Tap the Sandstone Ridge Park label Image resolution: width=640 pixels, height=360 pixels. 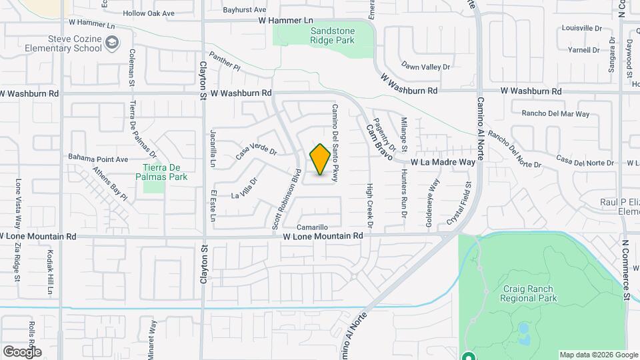tap(332, 35)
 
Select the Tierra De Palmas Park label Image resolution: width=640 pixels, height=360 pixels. tap(165, 171)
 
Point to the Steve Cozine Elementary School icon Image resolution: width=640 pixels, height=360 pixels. tap(113, 44)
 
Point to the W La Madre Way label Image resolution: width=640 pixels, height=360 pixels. tap(443, 162)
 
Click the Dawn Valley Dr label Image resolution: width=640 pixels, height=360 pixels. tap(426, 67)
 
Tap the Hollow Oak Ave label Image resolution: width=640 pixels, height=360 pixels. tap(149, 13)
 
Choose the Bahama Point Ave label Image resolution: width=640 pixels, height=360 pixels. tap(98, 159)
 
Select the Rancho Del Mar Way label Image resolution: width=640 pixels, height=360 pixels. tap(555, 114)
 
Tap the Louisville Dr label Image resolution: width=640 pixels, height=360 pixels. tap(581, 29)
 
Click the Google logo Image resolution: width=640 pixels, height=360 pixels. tap(22, 351)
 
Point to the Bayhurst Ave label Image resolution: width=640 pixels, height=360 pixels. tap(244, 10)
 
